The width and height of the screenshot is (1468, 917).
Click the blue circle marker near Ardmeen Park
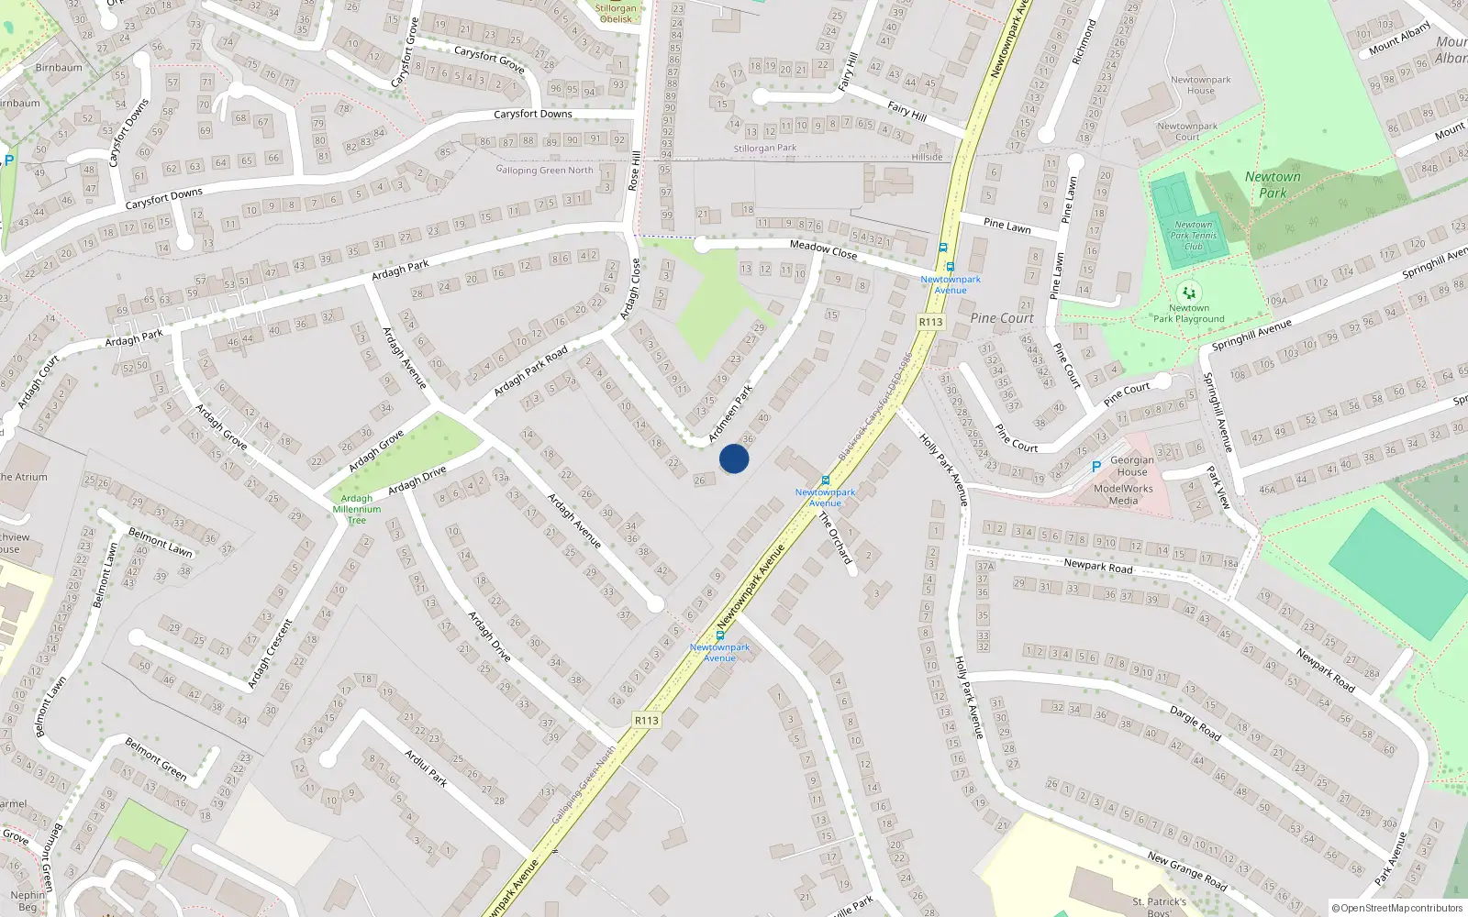(x=734, y=458)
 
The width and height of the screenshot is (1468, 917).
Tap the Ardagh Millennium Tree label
(x=357, y=510)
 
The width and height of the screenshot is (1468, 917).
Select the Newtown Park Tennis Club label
(x=1194, y=236)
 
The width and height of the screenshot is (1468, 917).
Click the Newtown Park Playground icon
(x=1188, y=293)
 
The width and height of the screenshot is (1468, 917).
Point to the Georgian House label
(x=1132, y=466)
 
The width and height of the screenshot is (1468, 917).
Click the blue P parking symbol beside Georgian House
(x=1095, y=467)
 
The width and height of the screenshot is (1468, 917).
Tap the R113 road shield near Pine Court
(x=930, y=322)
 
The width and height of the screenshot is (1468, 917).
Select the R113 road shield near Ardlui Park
(x=647, y=721)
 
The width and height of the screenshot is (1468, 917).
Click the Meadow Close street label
(x=823, y=249)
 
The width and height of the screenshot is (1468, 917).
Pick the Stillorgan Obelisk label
(x=616, y=14)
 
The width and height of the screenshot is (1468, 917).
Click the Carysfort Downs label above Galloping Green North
(x=533, y=115)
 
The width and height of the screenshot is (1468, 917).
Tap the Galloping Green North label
(x=545, y=170)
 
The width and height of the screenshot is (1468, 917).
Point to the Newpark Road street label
(x=1098, y=567)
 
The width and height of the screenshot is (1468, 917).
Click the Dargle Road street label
(x=1195, y=723)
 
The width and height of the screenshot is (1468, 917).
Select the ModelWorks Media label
(x=1123, y=495)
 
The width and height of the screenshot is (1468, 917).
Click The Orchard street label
(x=835, y=538)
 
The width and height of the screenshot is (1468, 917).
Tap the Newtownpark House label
(x=1200, y=85)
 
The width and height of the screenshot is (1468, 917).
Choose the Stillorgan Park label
(x=765, y=149)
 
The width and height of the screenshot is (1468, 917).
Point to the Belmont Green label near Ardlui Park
(x=156, y=759)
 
